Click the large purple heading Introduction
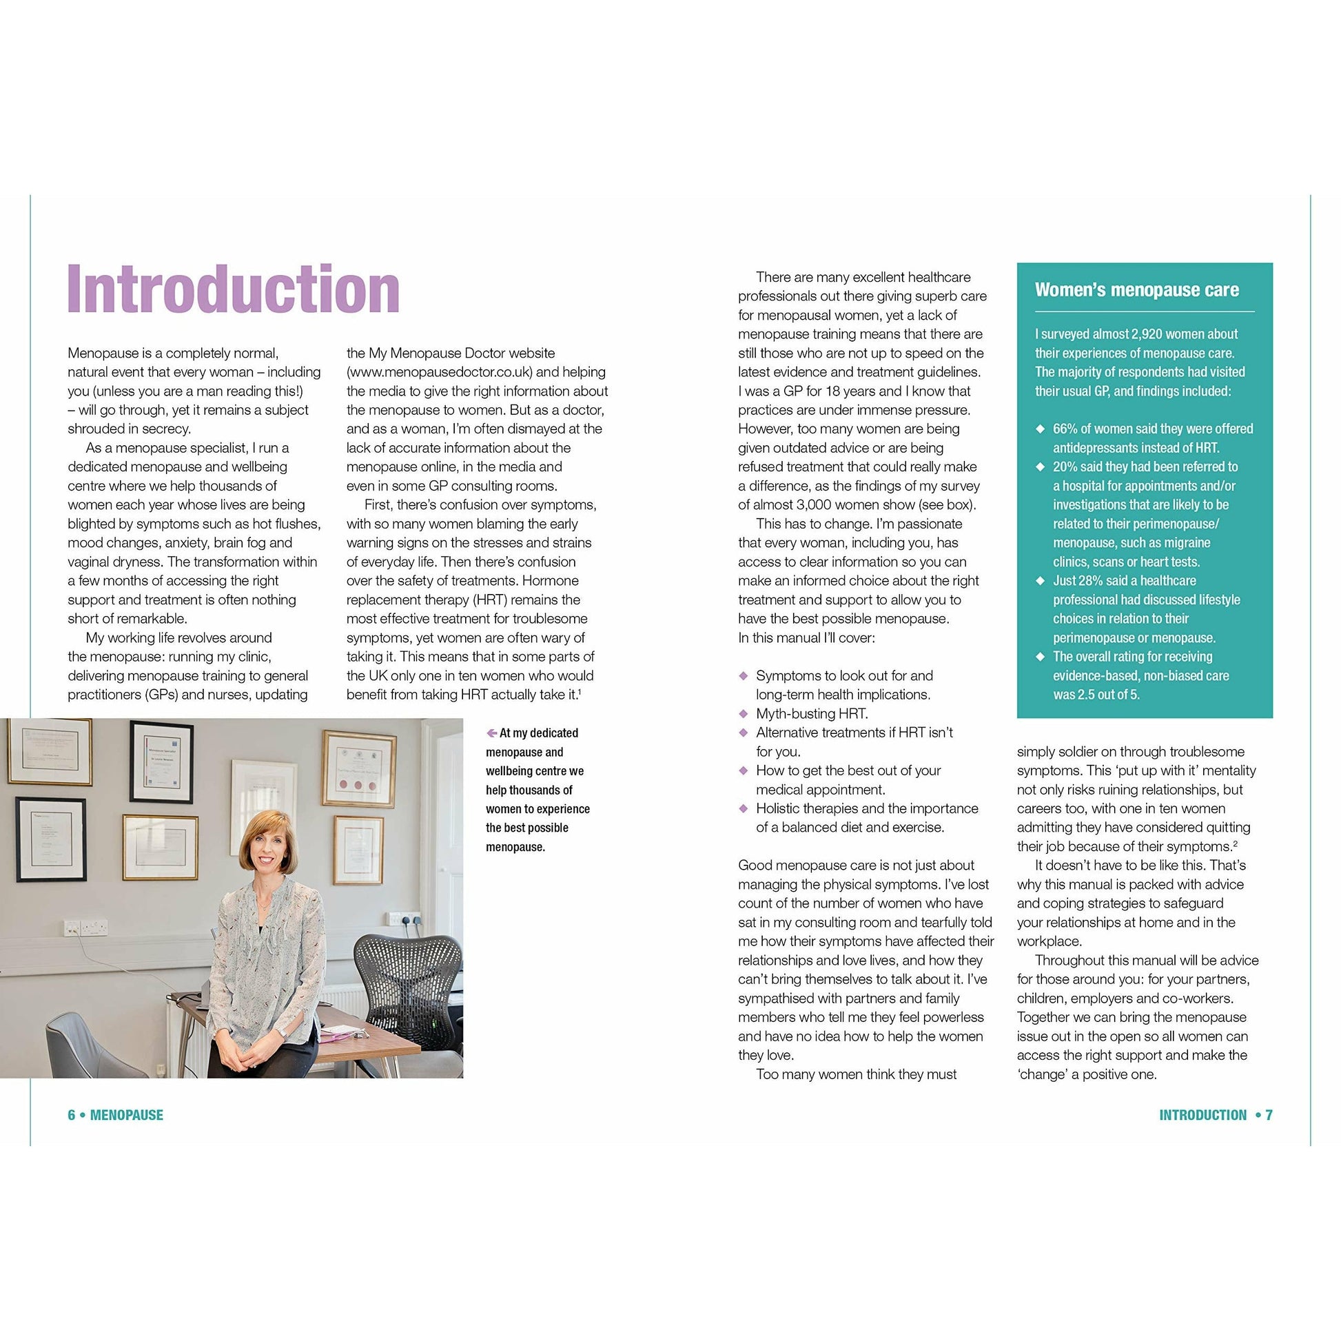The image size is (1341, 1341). coord(233,289)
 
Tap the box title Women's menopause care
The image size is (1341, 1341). coord(1136,290)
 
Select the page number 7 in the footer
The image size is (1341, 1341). coord(1269,1115)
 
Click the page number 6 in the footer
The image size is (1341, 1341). coord(71,1115)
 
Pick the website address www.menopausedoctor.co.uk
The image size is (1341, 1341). coord(440,372)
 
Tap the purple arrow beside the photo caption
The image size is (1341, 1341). coord(491,733)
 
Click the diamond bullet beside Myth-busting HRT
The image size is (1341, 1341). coord(744,713)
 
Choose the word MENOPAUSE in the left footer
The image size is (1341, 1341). coord(126,1115)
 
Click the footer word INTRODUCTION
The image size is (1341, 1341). coord(1202,1115)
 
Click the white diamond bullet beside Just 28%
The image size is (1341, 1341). coord(1040,580)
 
